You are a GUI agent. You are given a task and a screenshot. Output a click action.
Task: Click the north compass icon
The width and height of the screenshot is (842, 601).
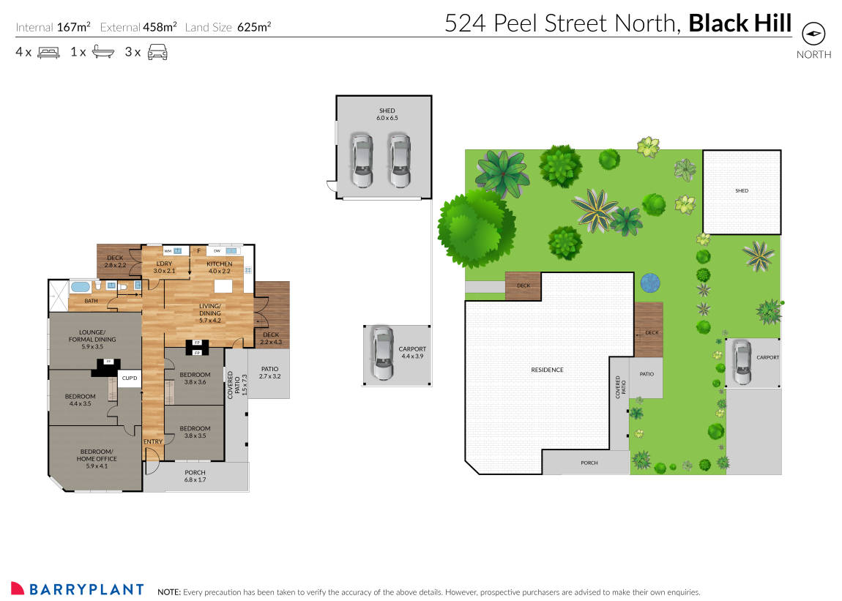point(813,34)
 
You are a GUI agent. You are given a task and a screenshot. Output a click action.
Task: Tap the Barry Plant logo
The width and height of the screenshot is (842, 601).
point(77,589)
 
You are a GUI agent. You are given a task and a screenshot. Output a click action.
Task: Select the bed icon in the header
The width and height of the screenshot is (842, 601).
point(48,52)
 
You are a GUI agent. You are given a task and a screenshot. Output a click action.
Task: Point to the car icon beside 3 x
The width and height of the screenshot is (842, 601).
point(157,52)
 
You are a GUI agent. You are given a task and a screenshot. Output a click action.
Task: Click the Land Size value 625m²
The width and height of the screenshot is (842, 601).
point(254,27)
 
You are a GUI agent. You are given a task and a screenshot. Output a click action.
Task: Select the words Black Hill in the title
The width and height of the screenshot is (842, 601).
point(740,23)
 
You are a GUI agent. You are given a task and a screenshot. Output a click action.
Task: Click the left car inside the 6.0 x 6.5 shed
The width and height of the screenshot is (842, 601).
point(360,160)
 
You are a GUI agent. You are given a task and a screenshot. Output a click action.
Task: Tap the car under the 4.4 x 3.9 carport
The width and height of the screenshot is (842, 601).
point(381,354)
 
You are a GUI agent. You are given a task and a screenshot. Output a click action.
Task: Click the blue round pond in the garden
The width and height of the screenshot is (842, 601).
point(649,283)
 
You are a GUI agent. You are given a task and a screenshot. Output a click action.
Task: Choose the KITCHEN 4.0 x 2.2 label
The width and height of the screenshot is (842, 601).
point(219,267)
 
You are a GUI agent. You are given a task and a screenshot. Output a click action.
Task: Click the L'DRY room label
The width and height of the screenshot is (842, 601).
point(164,267)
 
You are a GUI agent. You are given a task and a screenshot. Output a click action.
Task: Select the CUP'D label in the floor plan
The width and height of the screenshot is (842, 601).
point(130,378)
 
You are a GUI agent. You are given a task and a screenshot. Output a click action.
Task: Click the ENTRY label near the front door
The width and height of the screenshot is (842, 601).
point(152,441)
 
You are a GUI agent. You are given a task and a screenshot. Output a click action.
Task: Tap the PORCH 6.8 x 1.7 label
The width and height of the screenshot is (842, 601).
point(195,477)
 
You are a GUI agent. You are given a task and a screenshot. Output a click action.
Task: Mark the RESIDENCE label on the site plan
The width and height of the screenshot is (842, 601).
point(547,370)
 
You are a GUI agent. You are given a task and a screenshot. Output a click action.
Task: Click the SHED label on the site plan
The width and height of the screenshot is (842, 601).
point(742,191)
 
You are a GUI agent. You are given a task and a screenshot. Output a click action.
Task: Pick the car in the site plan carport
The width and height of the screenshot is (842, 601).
point(742,362)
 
